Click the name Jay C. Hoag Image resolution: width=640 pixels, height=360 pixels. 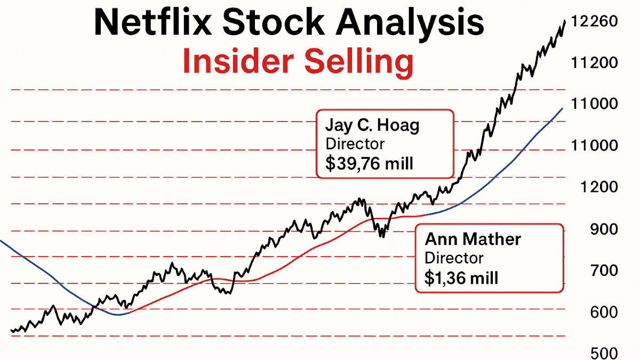point(372,126)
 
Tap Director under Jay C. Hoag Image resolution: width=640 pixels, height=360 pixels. point(355,144)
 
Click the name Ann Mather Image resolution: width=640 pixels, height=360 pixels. point(473,239)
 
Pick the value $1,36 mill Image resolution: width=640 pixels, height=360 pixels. point(461,277)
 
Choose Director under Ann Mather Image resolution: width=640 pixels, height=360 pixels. point(454,258)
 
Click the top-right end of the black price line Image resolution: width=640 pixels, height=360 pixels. point(565,20)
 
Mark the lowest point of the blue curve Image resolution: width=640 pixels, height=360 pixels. point(118,315)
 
